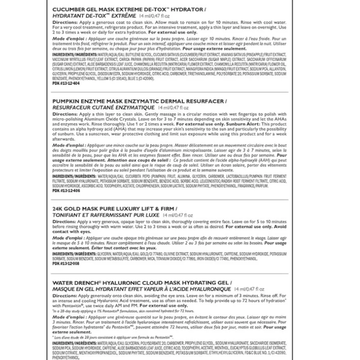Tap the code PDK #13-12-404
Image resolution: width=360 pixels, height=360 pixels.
66,83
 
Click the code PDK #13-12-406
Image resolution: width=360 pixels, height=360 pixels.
66,190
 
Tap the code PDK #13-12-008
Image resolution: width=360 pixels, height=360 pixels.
66,264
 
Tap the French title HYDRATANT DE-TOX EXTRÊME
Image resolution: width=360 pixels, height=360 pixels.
94,15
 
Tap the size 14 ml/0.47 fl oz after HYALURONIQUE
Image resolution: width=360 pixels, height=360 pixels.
249,289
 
